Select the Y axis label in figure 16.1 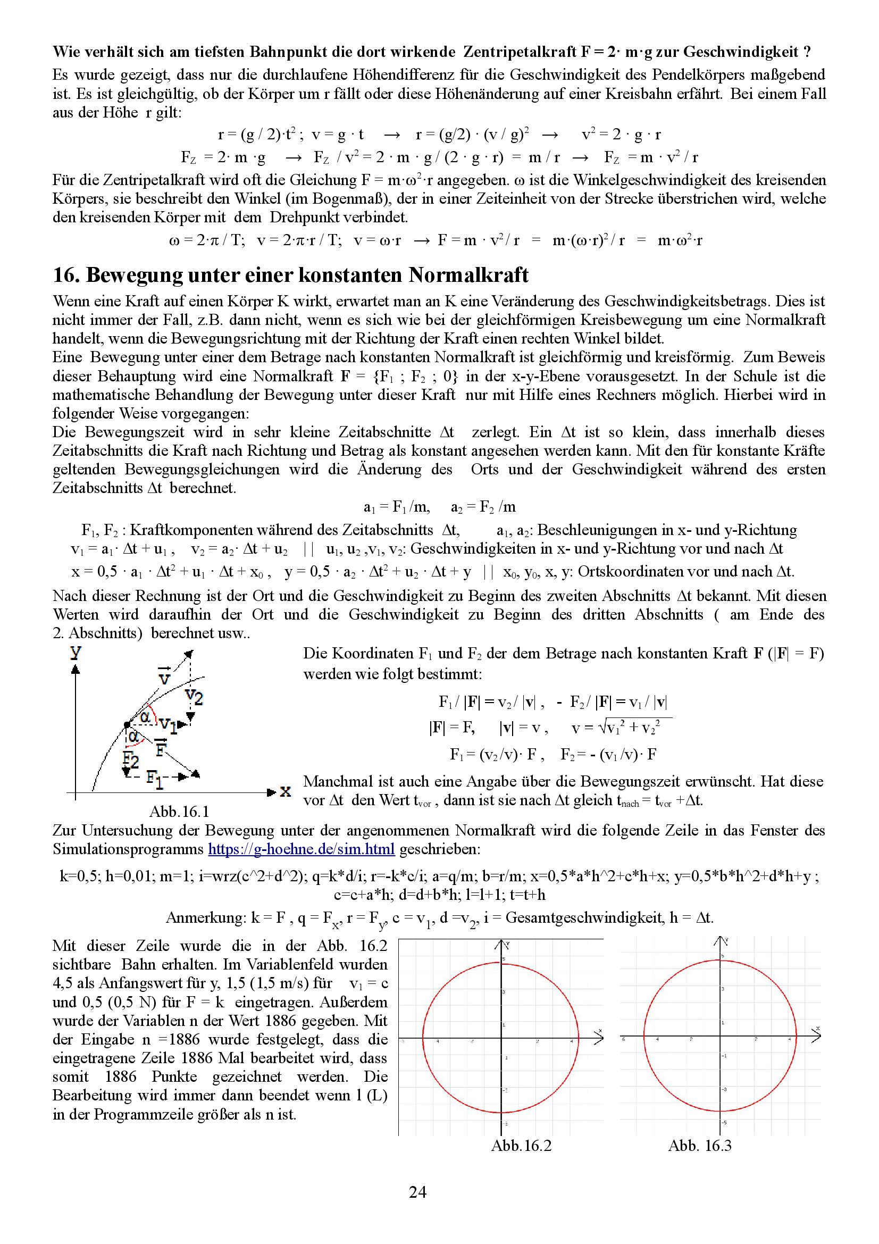click(x=76, y=653)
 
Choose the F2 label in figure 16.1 click(x=130, y=759)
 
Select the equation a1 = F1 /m click(x=397, y=507)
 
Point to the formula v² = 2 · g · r click(x=621, y=135)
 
